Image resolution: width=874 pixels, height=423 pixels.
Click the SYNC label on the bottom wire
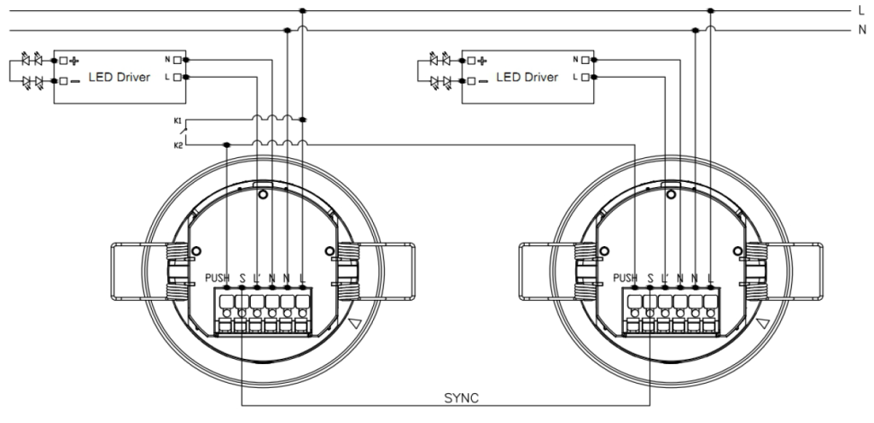coord(461,398)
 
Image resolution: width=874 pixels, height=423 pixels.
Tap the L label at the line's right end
coord(862,10)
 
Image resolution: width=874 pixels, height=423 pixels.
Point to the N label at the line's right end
coord(862,30)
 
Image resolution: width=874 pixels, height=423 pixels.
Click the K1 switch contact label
coord(178,120)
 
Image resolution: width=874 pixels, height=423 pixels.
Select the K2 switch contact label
coord(178,145)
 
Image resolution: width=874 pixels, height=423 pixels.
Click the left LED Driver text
coord(119,77)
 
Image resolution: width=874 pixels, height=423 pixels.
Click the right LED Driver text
coord(527,77)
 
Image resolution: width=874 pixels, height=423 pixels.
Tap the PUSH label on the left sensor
coord(218,278)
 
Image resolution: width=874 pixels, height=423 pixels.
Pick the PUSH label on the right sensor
coord(626,278)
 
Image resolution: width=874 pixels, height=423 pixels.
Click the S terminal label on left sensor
coord(242,278)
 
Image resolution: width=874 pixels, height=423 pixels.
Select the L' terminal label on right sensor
coord(664,278)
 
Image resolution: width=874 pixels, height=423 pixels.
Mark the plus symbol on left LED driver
coord(74,61)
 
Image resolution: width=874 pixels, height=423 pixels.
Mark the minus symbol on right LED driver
coord(483,81)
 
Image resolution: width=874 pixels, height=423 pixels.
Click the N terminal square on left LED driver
coord(178,60)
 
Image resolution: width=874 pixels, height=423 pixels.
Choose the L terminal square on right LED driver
coord(586,77)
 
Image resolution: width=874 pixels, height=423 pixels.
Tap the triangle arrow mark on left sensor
coord(355,323)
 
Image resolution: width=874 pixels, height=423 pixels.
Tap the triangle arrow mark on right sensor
coord(763,323)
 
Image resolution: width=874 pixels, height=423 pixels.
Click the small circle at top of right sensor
coord(671,195)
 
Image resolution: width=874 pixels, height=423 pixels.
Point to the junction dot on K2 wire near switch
coord(226,145)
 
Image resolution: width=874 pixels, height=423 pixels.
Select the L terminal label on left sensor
coord(302,278)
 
